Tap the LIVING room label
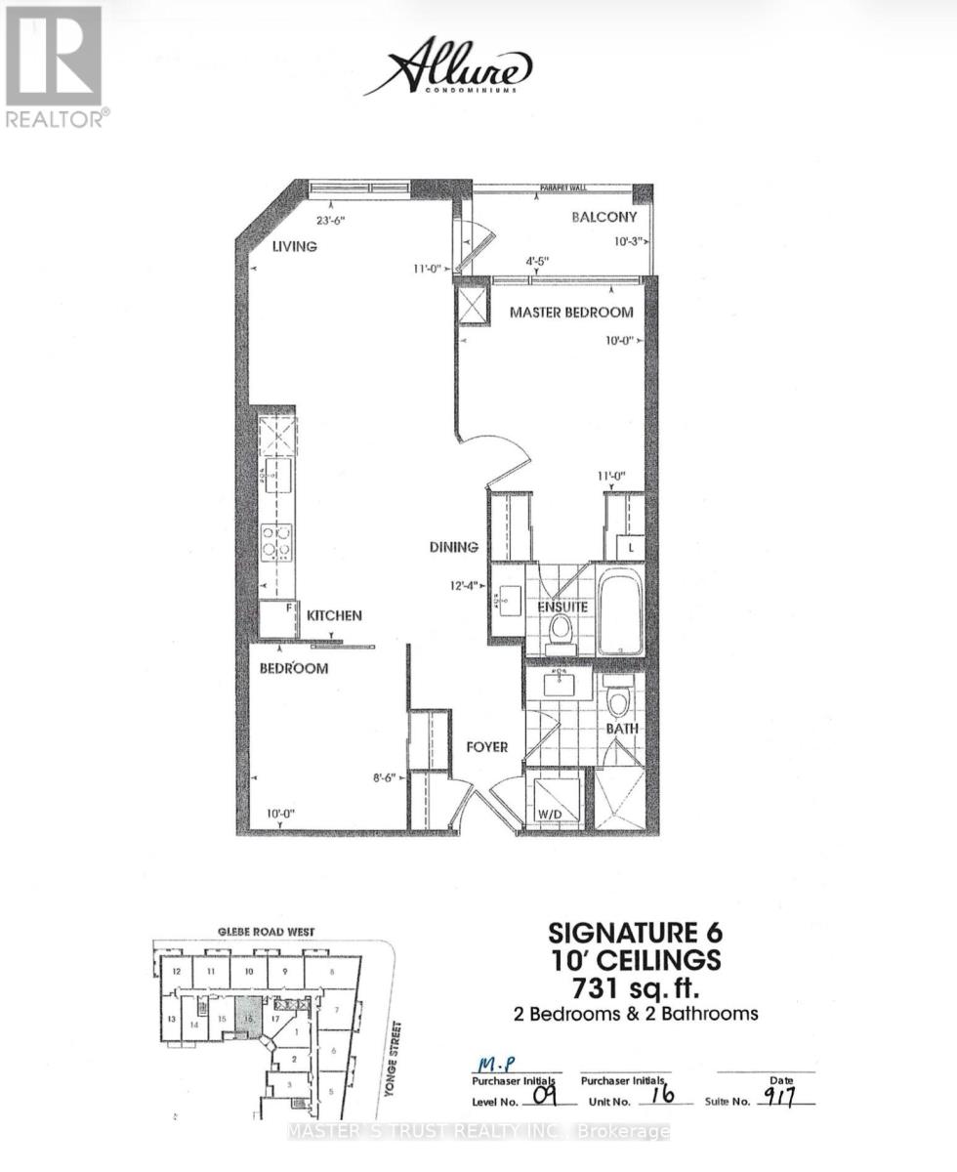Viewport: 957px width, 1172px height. coord(295,247)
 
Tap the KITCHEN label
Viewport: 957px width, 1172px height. coord(334,616)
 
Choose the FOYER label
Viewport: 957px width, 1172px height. coord(484,747)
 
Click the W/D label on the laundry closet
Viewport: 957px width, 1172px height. coord(551,815)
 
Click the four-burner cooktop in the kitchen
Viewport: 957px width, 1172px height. coord(276,542)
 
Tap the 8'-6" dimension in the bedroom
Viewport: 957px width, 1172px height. coord(387,778)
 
